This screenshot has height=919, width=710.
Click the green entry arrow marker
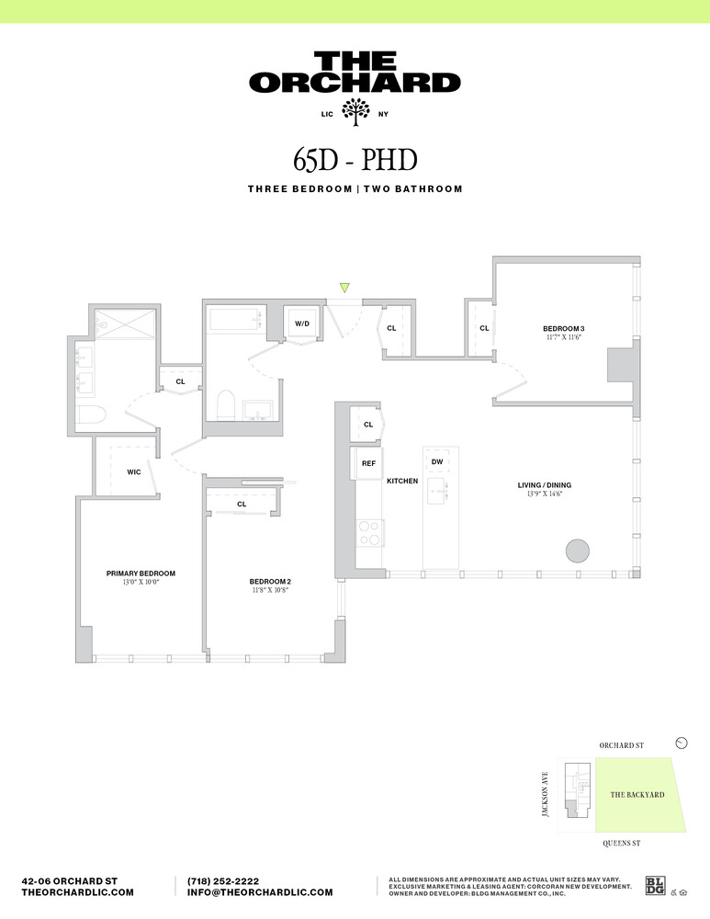[344, 288]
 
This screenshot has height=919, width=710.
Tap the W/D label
[300, 324]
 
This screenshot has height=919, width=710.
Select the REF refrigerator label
[368, 463]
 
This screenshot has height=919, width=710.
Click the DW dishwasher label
[437, 461]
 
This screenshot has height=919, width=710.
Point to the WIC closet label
[133, 472]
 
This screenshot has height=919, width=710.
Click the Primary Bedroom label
[140, 573]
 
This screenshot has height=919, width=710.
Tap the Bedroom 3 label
[563, 329]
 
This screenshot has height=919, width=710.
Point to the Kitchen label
[402, 481]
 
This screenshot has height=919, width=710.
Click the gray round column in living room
[576, 550]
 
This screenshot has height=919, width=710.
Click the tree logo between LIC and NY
[355, 114]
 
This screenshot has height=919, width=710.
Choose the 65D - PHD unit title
[355, 159]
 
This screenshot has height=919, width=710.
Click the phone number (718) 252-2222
[223, 880]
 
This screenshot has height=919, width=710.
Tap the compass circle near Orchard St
[681, 743]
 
